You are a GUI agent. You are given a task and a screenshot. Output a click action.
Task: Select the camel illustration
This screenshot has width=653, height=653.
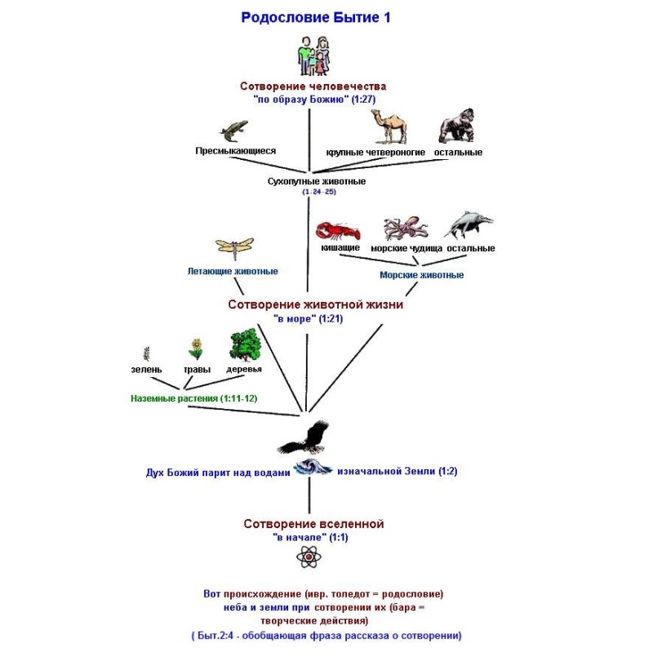point(387,127)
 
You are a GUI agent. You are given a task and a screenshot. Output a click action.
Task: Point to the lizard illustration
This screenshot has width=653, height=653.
point(235,131)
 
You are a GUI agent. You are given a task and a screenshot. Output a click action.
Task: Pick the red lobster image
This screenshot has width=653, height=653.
point(337,230)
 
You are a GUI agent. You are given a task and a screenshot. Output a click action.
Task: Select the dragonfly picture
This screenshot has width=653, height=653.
point(235,247)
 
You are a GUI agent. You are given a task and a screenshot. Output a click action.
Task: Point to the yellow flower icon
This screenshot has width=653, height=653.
point(196,349)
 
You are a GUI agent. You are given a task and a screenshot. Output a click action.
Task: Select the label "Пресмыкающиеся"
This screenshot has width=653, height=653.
point(235,151)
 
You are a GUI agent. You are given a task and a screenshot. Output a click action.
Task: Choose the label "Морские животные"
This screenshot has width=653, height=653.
point(421,275)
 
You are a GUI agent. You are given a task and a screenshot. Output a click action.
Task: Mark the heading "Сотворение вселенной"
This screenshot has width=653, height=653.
point(313,523)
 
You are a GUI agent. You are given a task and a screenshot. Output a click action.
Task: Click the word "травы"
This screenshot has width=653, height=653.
point(196,369)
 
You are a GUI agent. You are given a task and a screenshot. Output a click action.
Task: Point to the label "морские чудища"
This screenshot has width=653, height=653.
point(406,248)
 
